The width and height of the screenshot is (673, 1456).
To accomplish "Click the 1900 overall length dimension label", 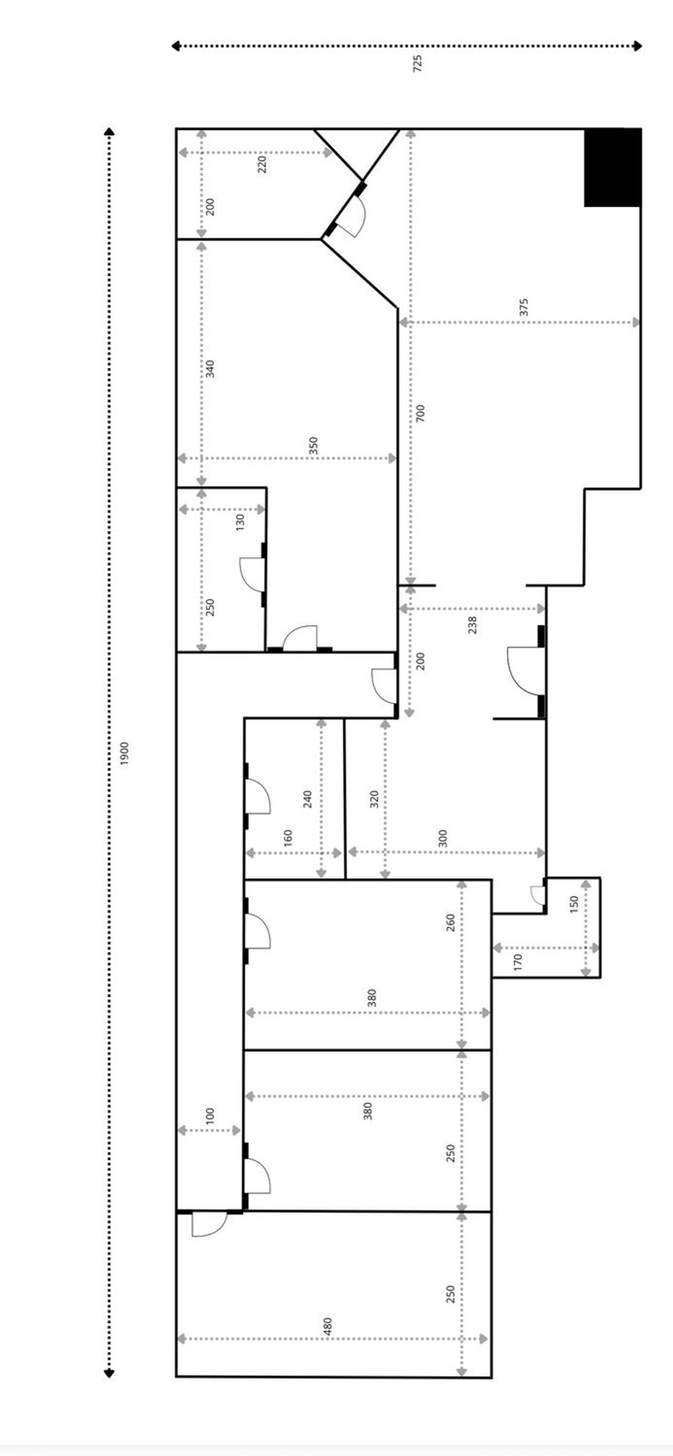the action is click(x=125, y=753).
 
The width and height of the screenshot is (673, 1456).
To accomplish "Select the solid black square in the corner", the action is click(x=612, y=167).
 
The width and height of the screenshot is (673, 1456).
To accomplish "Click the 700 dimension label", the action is click(x=420, y=413).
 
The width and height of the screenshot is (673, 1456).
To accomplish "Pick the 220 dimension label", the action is click(x=262, y=165).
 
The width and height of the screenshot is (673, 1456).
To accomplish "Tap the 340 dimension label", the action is click(x=210, y=369).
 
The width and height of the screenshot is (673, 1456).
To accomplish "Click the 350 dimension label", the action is click(x=314, y=445).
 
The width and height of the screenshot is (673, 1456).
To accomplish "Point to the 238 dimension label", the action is click(x=473, y=625).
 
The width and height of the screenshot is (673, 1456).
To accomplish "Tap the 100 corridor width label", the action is click(x=210, y=1116).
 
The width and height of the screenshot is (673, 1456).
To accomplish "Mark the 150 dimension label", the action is click(x=574, y=904).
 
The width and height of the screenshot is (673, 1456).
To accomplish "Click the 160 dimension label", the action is click(x=288, y=838).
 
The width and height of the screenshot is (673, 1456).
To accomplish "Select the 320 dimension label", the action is click(x=374, y=799).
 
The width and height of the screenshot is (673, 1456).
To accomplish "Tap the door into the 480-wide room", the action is click(x=209, y=1224).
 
